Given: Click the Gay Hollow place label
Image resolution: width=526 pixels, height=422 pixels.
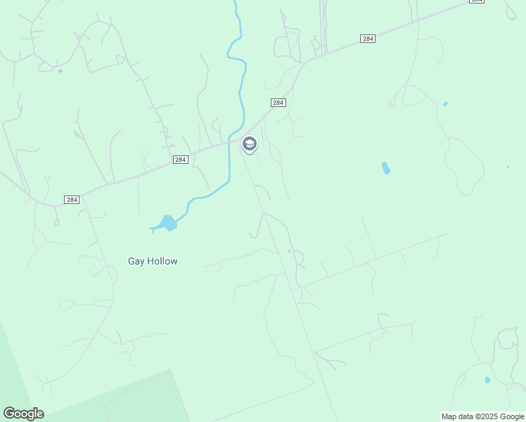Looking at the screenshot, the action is pos(153,261).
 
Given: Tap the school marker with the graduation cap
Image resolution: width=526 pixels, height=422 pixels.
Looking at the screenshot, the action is pos(249,144).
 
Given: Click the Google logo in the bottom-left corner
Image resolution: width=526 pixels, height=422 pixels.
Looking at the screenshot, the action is pos(23,414).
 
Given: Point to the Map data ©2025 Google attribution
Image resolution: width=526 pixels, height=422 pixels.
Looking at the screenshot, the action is pos(482,416).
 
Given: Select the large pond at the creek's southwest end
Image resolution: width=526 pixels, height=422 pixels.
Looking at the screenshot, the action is pos(167,224).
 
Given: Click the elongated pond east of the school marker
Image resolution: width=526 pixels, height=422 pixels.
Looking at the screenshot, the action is pos(385,168).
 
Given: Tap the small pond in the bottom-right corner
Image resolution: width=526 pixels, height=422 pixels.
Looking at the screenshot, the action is pos(487,380).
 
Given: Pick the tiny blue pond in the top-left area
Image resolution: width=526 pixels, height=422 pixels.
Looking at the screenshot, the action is pos(60,71).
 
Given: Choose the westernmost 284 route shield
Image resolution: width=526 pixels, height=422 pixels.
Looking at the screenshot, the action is pos(71,200).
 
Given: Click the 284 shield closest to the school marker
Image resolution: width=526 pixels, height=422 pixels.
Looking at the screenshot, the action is pos(278,103).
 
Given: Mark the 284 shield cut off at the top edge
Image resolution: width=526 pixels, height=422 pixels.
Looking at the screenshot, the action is pos(477,1).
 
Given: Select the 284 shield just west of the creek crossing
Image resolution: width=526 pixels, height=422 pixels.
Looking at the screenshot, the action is pos(180,160).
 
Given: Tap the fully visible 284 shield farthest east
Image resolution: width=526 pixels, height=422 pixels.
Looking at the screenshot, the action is pos(367,38).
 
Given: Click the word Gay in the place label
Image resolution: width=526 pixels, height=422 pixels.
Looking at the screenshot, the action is pos(136,261).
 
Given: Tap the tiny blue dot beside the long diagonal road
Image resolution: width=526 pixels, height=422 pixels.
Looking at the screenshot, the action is pos(289,251).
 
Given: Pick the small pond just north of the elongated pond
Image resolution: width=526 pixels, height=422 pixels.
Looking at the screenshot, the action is pos(445,104).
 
